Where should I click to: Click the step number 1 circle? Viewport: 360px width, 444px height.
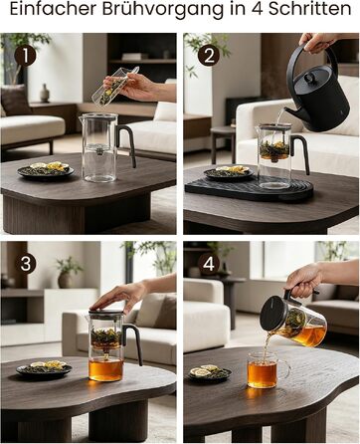click(x=25, y=56)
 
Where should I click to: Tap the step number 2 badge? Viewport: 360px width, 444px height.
click(x=209, y=56)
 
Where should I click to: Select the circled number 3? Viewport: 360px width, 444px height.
click(x=26, y=264)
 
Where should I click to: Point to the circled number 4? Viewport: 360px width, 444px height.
click(x=209, y=264)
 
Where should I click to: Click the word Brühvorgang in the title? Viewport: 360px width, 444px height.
click(x=163, y=10)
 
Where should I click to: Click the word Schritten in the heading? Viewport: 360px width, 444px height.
click(x=309, y=9)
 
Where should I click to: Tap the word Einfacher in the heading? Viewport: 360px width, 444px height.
click(x=54, y=9)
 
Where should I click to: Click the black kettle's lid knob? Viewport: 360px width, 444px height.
click(x=309, y=78)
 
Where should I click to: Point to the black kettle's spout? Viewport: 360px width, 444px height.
click(x=290, y=112)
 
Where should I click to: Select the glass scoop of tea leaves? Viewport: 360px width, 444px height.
click(x=114, y=87)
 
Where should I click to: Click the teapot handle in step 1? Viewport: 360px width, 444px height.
click(x=127, y=144)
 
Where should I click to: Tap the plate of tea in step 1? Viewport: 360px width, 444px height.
click(x=46, y=170)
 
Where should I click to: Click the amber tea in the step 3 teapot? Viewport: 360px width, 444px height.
click(x=106, y=369)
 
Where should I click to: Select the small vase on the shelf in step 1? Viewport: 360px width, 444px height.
click(x=45, y=93)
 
